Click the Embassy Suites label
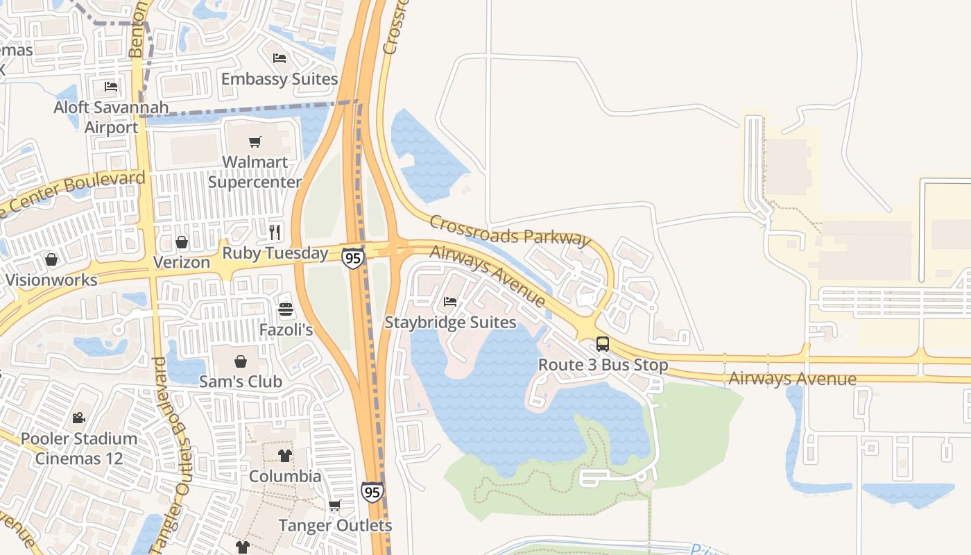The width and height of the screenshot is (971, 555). (279, 79)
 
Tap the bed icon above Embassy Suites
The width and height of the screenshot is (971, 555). (280, 58)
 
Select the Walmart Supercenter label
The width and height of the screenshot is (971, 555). (255, 172)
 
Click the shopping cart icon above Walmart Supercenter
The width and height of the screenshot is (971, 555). (255, 142)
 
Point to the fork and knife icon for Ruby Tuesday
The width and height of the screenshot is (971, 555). (275, 231)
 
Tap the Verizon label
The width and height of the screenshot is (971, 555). (181, 262)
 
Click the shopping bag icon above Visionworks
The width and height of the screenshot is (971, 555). (51, 259)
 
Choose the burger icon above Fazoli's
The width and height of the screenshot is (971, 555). (286, 309)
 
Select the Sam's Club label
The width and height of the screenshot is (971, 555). (240, 382)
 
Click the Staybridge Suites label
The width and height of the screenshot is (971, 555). (450, 323)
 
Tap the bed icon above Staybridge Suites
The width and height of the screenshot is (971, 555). (450, 302)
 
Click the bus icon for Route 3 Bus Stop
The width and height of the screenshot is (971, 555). (603, 344)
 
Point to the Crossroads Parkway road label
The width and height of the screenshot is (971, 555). (510, 230)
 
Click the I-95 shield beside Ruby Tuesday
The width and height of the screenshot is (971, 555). (352, 258)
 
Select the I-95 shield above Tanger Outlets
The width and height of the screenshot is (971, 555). (372, 492)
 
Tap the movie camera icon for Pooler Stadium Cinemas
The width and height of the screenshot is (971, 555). (78, 418)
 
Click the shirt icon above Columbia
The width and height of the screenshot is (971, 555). (285, 456)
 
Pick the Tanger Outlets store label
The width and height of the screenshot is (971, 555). (335, 526)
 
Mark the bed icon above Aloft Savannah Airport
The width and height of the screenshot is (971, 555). (111, 87)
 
